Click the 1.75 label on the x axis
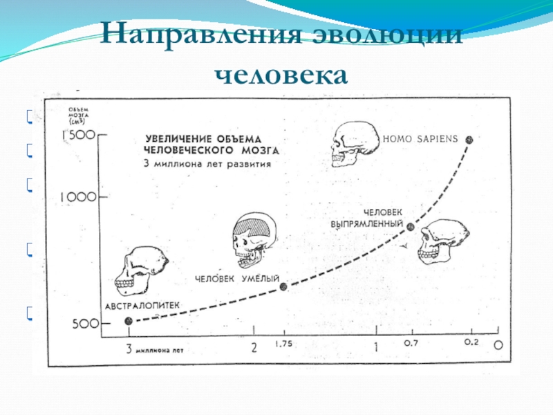[283, 343]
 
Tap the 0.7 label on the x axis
[410, 342]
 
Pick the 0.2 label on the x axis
[471, 342]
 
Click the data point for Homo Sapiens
[470, 139]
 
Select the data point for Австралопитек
[128, 320]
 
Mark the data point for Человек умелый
[283, 286]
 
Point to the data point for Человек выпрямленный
[410, 226]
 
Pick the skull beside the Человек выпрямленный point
[443, 242]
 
